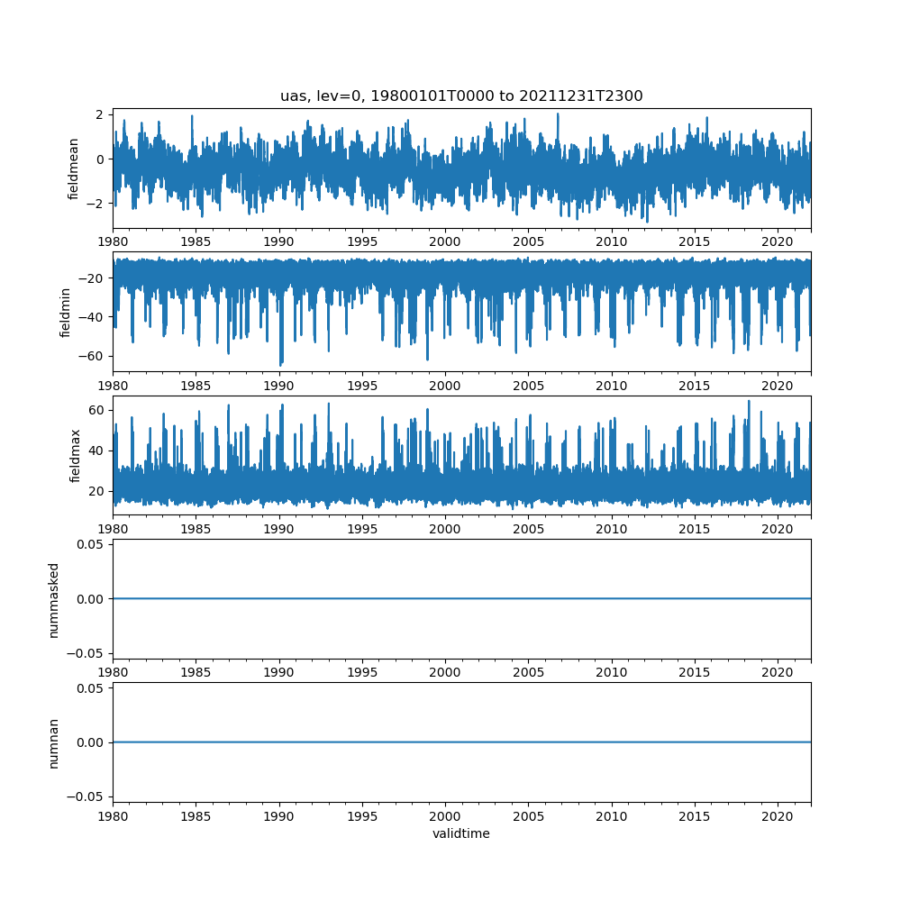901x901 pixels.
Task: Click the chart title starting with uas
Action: [x=461, y=96]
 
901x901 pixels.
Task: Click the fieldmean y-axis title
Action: [x=74, y=168]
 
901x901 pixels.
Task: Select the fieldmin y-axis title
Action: [x=65, y=312]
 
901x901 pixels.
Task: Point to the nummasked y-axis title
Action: [x=53, y=599]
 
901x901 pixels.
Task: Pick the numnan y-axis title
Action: [x=53, y=742]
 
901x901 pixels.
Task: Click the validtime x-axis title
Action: [x=461, y=833]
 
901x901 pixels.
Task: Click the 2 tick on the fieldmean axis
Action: [x=101, y=114]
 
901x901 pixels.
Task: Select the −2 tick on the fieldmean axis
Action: [x=97, y=204]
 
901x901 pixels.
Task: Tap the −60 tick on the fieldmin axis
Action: [x=94, y=355]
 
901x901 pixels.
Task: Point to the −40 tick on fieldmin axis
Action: [x=94, y=316]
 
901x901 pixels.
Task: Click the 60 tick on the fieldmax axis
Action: [x=97, y=410]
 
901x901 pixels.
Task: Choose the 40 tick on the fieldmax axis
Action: [x=97, y=450]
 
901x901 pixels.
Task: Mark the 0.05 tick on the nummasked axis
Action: [x=92, y=545]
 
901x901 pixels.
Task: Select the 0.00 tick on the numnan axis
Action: [x=92, y=742]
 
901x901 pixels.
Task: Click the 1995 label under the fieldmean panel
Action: [x=362, y=241]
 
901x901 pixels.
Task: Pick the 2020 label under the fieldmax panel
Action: [x=778, y=529]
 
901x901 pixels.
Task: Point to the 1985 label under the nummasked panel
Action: [x=196, y=672]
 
